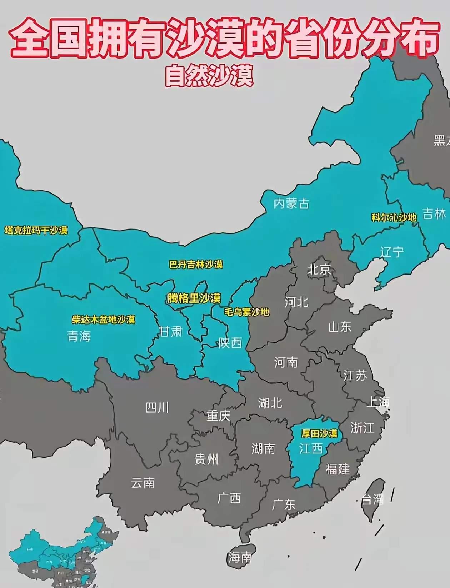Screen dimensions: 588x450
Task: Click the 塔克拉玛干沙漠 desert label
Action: [36, 230]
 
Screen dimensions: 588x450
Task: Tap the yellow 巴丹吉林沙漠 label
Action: [196, 265]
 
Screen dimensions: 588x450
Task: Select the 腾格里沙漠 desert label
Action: [194, 298]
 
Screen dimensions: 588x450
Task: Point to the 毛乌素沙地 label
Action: [246, 312]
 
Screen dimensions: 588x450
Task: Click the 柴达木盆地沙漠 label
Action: [104, 319]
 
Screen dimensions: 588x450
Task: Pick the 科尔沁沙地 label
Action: [394, 217]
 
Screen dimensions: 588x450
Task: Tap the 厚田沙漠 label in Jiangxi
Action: [319, 434]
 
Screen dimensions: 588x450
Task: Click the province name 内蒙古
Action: [291, 204]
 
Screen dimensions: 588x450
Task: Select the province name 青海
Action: [79, 336]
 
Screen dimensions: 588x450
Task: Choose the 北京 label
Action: [319, 270]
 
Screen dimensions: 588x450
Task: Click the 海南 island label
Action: [240, 557]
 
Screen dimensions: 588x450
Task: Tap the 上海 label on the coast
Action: [378, 402]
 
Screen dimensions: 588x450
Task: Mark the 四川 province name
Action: [157, 407]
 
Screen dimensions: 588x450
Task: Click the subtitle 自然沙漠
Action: [209, 75]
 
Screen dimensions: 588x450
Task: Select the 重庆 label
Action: [218, 416]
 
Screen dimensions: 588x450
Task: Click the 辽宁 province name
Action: [392, 252]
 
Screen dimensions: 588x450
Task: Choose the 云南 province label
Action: [142, 483]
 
